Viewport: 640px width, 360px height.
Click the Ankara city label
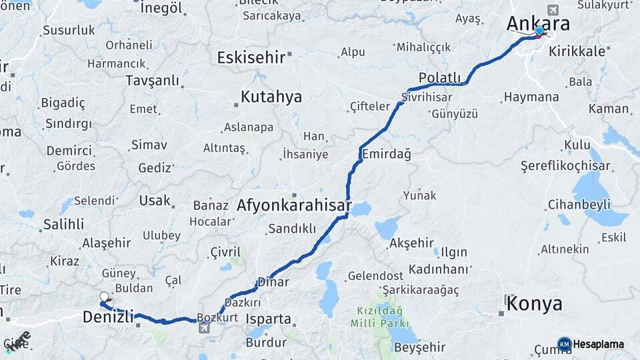pyautogui.click(x=538, y=24)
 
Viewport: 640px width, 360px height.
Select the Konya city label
pyautogui.click(x=534, y=304)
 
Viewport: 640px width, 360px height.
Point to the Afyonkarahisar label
pyautogui.click(x=293, y=206)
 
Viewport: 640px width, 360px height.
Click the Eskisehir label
pyautogui.click(x=251, y=58)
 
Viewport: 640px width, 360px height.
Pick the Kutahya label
pyautogui.click(x=271, y=97)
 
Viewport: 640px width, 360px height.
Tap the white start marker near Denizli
pyautogui.click(x=104, y=297)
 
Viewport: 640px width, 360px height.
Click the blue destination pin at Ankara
pyautogui.click(x=539, y=31)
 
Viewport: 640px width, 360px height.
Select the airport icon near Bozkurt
pyautogui.click(x=203, y=328)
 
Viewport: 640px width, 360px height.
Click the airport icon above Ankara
pyautogui.click(x=553, y=10)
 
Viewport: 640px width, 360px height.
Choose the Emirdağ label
pyautogui.click(x=386, y=154)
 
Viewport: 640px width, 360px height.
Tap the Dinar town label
pyautogui.click(x=274, y=282)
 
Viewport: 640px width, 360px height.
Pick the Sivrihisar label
pyautogui.click(x=427, y=97)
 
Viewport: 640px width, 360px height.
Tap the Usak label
pyautogui.click(x=155, y=200)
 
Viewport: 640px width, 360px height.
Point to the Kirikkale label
pyautogui.click(x=577, y=51)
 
